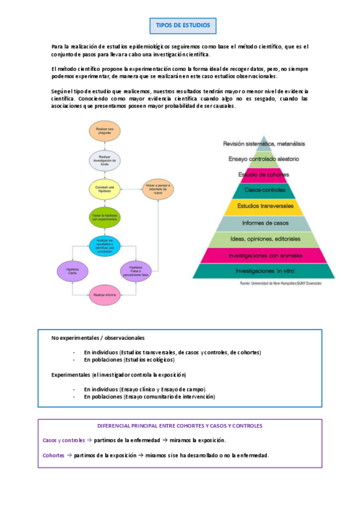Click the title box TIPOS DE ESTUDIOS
183,26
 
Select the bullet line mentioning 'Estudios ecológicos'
129,360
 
